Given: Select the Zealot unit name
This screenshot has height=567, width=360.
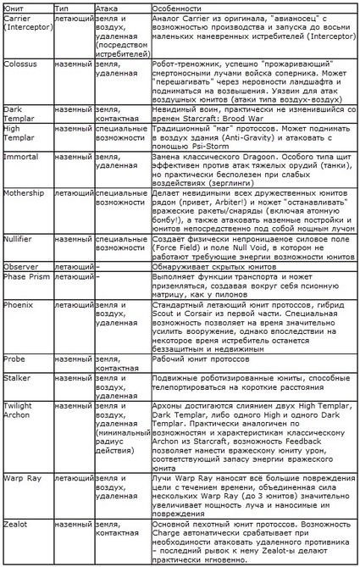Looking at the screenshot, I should (17, 525).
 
